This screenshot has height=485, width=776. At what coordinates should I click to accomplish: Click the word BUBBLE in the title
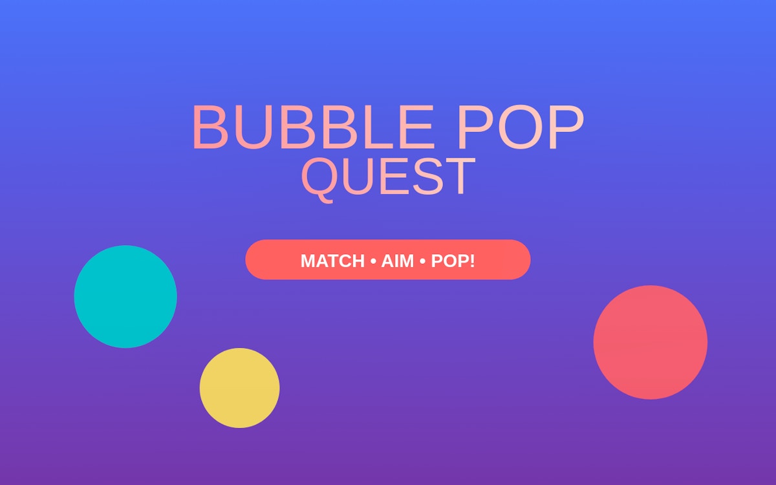313,127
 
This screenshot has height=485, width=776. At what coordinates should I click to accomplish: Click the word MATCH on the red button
332,261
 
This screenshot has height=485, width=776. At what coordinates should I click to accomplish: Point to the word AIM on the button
397,261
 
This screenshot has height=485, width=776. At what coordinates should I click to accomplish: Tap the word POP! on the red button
453,261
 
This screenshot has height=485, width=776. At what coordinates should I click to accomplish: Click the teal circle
125,297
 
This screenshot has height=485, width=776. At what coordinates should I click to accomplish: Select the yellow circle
239,388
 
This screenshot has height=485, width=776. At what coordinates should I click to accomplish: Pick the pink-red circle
651,342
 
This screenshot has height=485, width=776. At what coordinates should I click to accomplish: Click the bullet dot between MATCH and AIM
373,261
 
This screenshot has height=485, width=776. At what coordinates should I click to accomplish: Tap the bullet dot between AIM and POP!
422,261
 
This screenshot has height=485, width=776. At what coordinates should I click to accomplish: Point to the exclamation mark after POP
472,261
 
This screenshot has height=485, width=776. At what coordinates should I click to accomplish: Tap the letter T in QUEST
460,177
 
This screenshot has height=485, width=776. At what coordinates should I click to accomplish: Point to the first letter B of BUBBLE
210,127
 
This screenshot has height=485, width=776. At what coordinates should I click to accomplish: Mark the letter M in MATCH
308,261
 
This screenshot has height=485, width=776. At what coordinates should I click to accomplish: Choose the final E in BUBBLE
418,127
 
